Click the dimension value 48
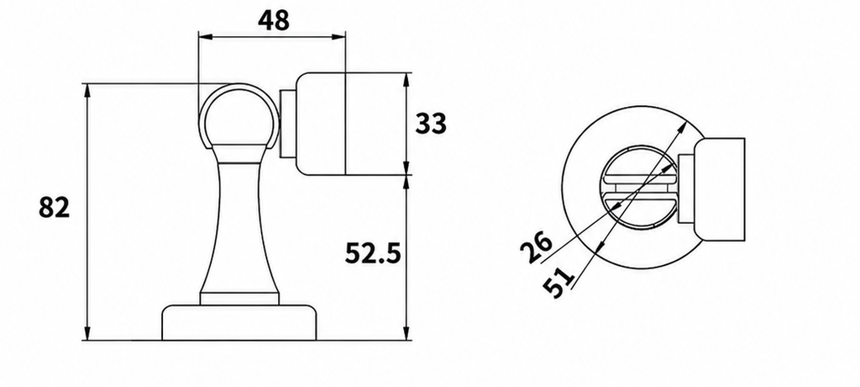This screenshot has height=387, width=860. click(273, 21)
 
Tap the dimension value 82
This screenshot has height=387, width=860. click(55, 208)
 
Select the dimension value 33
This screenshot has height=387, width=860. click(431, 123)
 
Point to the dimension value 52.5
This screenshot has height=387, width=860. click(373, 253)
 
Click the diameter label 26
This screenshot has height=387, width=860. click(537, 247)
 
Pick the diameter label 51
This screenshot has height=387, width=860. click(558, 282)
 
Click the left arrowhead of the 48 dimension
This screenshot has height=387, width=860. click(204, 37)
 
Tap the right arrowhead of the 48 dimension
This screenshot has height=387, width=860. click(339, 37)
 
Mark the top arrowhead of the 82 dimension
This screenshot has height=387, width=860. click(87, 90)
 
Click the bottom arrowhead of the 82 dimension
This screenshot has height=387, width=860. click(87, 334)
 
